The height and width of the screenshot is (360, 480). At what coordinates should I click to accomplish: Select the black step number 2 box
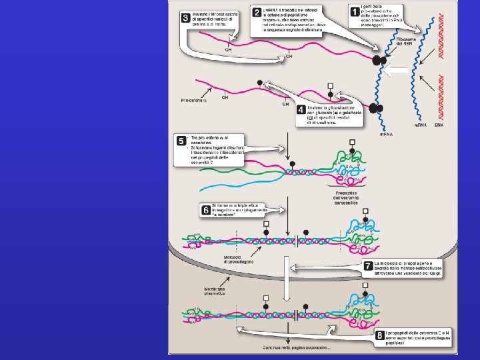click(255, 12)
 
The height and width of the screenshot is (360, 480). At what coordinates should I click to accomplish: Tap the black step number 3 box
click(184, 18)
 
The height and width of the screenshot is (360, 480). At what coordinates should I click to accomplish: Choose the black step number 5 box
click(181, 141)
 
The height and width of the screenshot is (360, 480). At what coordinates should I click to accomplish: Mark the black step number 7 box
click(367, 265)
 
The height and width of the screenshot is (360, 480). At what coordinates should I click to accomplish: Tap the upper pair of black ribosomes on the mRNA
click(379, 61)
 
